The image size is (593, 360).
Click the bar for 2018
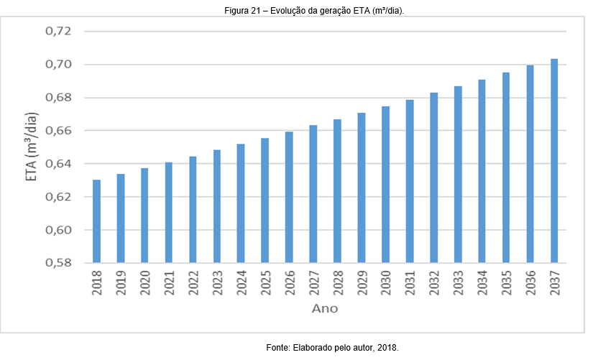click(96, 221)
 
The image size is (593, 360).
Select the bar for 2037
click(554, 161)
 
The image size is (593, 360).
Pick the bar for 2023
click(217, 206)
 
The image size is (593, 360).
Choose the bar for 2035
click(506, 167)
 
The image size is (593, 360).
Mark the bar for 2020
click(144, 216)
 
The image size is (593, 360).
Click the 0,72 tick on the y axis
click(59, 32)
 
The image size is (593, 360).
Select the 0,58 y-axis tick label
click(59, 263)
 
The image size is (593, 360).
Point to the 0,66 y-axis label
click(59, 131)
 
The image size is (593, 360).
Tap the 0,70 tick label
click(59, 65)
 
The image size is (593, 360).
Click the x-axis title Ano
click(324, 309)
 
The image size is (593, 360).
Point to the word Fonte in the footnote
click(277, 348)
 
